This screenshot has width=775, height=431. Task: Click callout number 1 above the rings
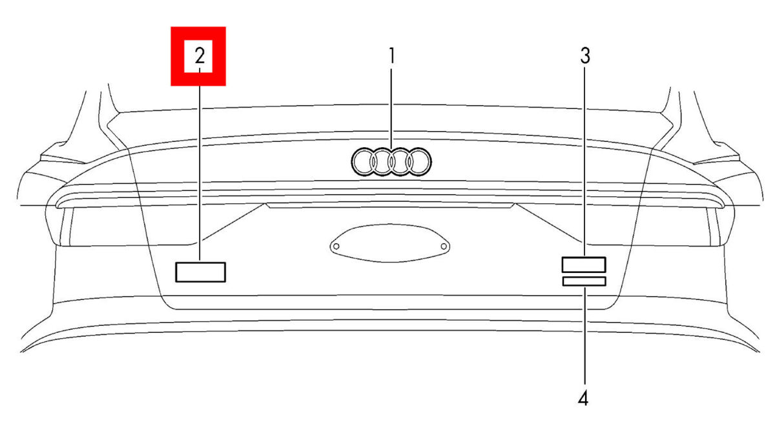[x=391, y=55]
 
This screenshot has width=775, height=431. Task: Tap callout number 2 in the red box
[x=200, y=55]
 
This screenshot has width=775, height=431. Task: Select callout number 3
[x=585, y=55]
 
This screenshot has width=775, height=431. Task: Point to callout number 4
[x=583, y=399]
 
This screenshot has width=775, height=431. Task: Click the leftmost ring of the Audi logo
[x=352, y=162]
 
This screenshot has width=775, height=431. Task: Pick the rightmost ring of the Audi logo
[x=431, y=162]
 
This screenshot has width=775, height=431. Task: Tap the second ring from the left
[x=370, y=162]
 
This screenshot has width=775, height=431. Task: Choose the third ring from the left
[x=388, y=162]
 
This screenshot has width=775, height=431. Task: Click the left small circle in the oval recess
[x=336, y=246]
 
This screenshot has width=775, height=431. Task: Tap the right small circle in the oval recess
[x=444, y=246]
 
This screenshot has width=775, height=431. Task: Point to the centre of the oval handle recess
[x=389, y=243]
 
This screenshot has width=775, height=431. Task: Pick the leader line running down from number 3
[x=584, y=162]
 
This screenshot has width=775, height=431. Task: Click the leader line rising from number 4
[x=584, y=335]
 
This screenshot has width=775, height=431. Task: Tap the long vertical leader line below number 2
[x=200, y=165]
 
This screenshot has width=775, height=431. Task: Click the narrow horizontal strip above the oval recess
[x=390, y=206]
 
